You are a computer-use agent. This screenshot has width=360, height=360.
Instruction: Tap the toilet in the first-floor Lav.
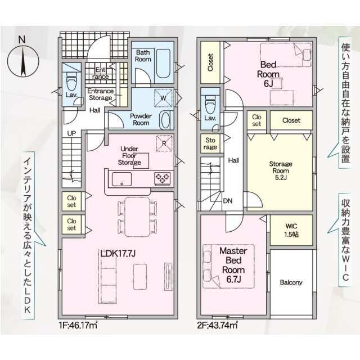[x=71, y=81]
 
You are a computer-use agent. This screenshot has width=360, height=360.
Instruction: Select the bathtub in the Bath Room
[x=163, y=64]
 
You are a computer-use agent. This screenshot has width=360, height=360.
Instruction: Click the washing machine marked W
[x=163, y=98]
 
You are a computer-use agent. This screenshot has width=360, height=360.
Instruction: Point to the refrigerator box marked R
[x=164, y=143]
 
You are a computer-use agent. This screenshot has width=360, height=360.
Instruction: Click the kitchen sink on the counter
[x=121, y=179]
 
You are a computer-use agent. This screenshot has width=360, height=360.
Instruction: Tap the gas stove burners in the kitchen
[x=163, y=178]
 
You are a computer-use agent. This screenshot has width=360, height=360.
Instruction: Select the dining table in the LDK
[x=137, y=217]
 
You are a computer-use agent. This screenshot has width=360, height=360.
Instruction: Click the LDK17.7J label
[x=118, y=254]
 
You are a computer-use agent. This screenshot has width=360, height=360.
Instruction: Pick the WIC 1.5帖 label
[x=291, y=230]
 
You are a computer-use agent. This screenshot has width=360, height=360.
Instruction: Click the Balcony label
[x=291, y=282]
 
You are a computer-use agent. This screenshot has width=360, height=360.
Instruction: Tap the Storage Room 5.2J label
[x=281, y=170]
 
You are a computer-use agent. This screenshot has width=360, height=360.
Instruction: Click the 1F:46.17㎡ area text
[x=78, y=325]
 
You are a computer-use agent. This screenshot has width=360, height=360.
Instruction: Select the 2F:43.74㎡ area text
[x=217, y=325]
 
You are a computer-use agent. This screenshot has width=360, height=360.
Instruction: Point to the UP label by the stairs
[x=71, y=133]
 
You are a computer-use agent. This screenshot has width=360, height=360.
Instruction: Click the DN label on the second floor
[x=227, y=201]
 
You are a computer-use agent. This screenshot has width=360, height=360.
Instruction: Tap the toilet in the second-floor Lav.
[x=210, y=105]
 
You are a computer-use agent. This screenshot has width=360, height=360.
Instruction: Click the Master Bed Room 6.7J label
[x=233, y=265]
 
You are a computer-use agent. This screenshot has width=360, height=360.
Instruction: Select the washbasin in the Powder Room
[x=165, y=120]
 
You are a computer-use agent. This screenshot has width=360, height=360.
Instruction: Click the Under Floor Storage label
[x=129, y=155]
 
